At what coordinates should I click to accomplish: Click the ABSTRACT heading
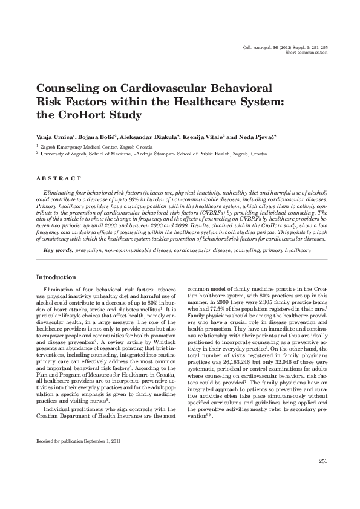point(59,178)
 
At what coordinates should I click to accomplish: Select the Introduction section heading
point(56,277)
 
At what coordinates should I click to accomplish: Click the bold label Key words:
point(59,250)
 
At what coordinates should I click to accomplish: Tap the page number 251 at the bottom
point(322,462)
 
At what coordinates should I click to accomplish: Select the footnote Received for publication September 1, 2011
point(78,441)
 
